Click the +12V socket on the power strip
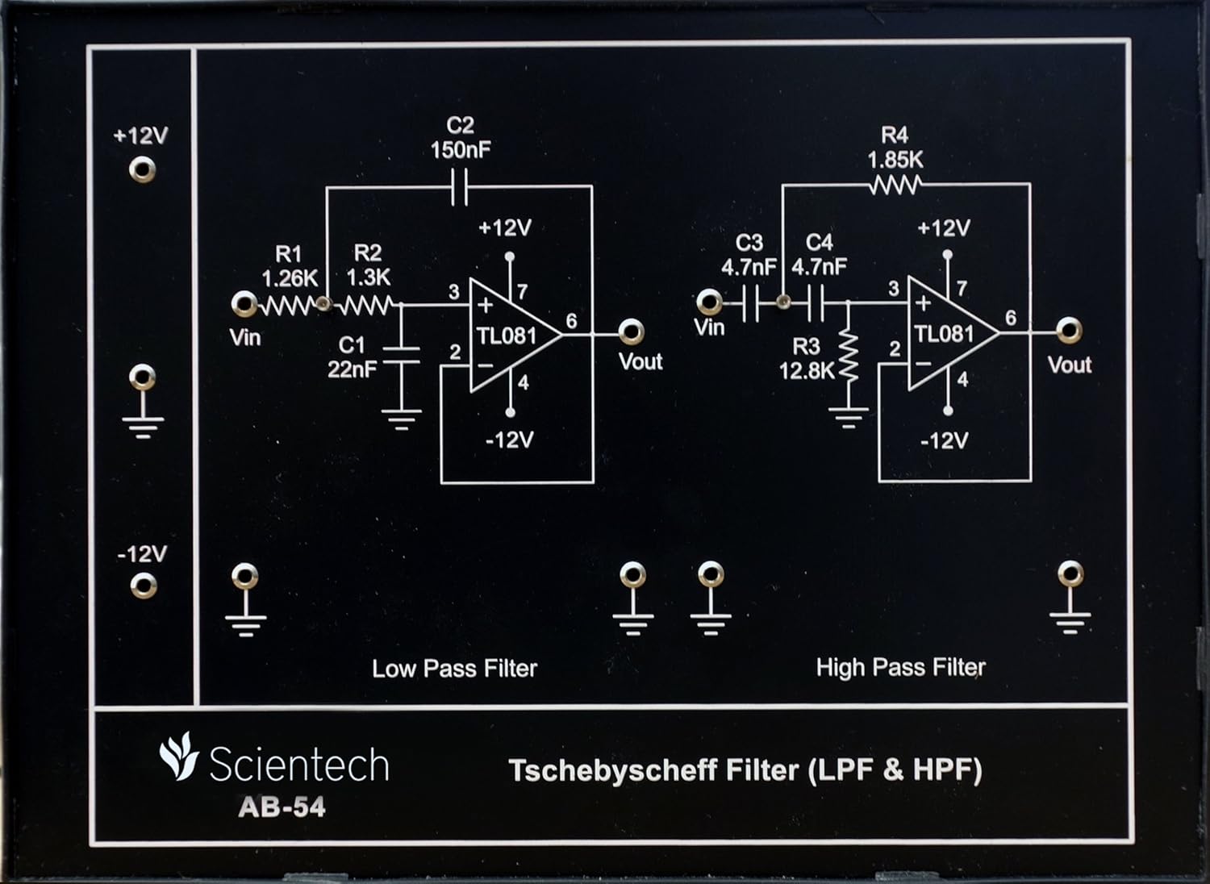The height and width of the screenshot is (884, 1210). (142, 169)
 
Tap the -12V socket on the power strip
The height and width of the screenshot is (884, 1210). (143, 586)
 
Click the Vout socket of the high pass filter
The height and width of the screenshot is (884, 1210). (1069, 330)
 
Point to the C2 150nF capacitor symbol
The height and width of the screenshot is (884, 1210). (459, 187)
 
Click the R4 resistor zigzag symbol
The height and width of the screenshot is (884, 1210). (895, 186)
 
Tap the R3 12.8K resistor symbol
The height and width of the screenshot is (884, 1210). (847, 355)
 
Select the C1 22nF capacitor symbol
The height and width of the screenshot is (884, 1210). (401, 356)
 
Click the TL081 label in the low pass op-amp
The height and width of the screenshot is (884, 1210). (506, 336)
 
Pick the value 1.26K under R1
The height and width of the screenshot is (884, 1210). (290, 279)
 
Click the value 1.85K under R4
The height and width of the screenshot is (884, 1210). (895, 160)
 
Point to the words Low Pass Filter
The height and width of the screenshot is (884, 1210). (454, 669)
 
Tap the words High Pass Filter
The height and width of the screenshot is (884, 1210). (900, 668)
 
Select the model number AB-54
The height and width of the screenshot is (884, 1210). (282, 807)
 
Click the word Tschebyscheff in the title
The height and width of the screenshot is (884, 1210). (613, 770)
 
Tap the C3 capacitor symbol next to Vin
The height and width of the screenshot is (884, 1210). (750, 305)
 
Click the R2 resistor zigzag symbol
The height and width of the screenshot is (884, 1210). (368, 305)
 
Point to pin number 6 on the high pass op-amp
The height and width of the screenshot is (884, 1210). (1011, 318)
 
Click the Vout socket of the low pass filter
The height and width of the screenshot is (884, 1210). (630, 331)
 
